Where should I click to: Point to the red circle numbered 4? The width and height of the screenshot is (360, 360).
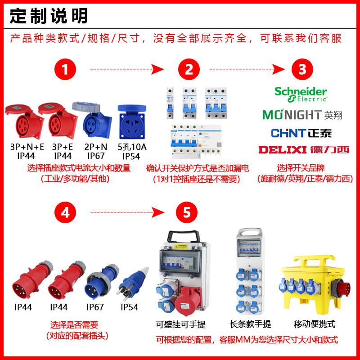pyautogui.click(x=65, y=212)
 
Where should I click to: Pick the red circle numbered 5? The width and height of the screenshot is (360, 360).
pyautogui.click(x=187, y=212)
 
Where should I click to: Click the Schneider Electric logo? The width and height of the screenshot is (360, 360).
pyautogui.click(x=301, y=94)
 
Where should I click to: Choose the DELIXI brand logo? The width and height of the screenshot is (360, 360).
pyautogui.click(x=304, y=149)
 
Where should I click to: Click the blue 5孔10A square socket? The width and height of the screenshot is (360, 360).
pyautogui.click(x=132, y=122)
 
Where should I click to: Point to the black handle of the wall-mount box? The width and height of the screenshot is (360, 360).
pyautogui.click(x=183, y=236)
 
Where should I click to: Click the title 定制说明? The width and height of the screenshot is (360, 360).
pyautogui.click(x=49, y=17)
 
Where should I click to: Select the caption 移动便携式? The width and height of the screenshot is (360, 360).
pyautogui.click(x=315, y=324)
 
